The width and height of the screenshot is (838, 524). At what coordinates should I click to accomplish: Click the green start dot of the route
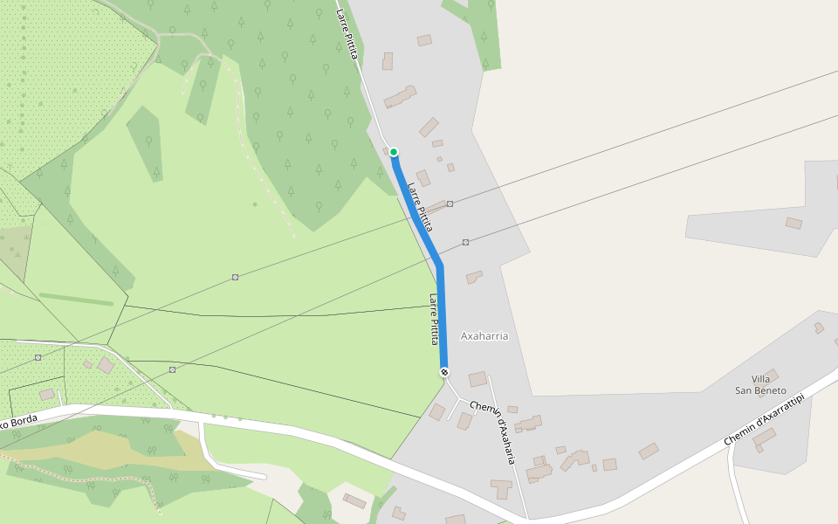394,152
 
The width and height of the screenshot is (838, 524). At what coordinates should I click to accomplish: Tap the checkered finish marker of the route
445,373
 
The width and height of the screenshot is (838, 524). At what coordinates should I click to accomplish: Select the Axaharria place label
484,335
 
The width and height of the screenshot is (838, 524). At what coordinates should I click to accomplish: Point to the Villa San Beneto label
760,384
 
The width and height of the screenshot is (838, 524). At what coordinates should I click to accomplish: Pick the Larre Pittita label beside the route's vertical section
432,319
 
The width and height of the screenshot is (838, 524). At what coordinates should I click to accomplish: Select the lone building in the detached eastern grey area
793,224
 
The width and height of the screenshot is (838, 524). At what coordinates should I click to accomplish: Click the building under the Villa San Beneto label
765,437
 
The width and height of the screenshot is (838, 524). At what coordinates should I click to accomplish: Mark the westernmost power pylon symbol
38,357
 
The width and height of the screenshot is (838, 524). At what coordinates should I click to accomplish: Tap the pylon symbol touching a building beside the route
450,203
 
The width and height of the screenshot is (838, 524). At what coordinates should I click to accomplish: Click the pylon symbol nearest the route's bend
466,242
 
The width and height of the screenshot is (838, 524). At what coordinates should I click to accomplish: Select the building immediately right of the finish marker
477,379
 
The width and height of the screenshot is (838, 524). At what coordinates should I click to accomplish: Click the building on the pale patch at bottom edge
354,500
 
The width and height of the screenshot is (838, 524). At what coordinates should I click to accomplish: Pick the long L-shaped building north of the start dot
401,96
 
